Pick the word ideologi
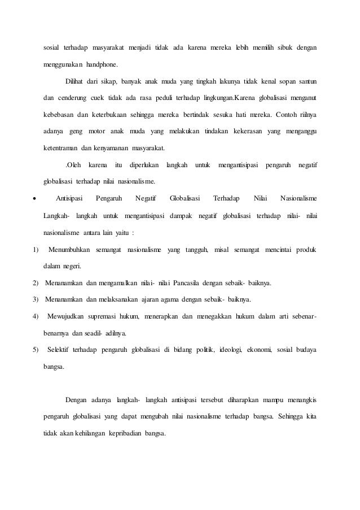coord(232,349)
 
